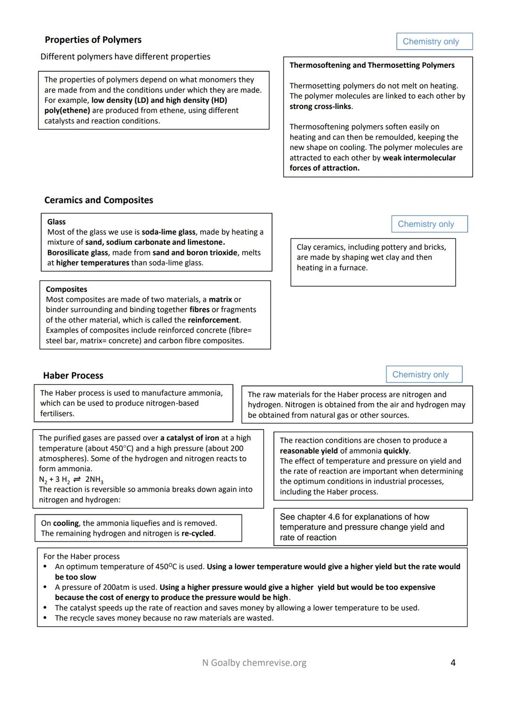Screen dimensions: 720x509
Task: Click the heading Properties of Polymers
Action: pyautogui.click(x=93, y=40)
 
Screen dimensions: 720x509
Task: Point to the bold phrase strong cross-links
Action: pyautogui.click(x=320, y=107)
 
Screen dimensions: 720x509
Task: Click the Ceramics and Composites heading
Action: pyautogui.click(x=99, y=200)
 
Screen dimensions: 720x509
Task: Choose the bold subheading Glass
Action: pyautogui.click(x=56, y=222)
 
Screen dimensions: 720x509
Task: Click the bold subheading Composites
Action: pyautogui.click(x=66, y=289)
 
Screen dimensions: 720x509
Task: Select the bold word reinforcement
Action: pyautogui.click(x=213, y=320)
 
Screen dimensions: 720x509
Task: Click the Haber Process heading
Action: pyautogui.click(x=73, y=376)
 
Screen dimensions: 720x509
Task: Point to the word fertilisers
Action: pyautogui.click(x=57, y=414)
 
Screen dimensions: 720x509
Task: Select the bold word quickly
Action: pyautogui.click(x=396, y=451)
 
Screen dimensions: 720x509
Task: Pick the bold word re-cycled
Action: pyautogui.click(x=197, y=534)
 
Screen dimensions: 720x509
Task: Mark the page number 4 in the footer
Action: pyautogui.click(x=453, y=663)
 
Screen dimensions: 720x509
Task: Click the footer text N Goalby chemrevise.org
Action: pyautogui.click(x=254, y=663)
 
